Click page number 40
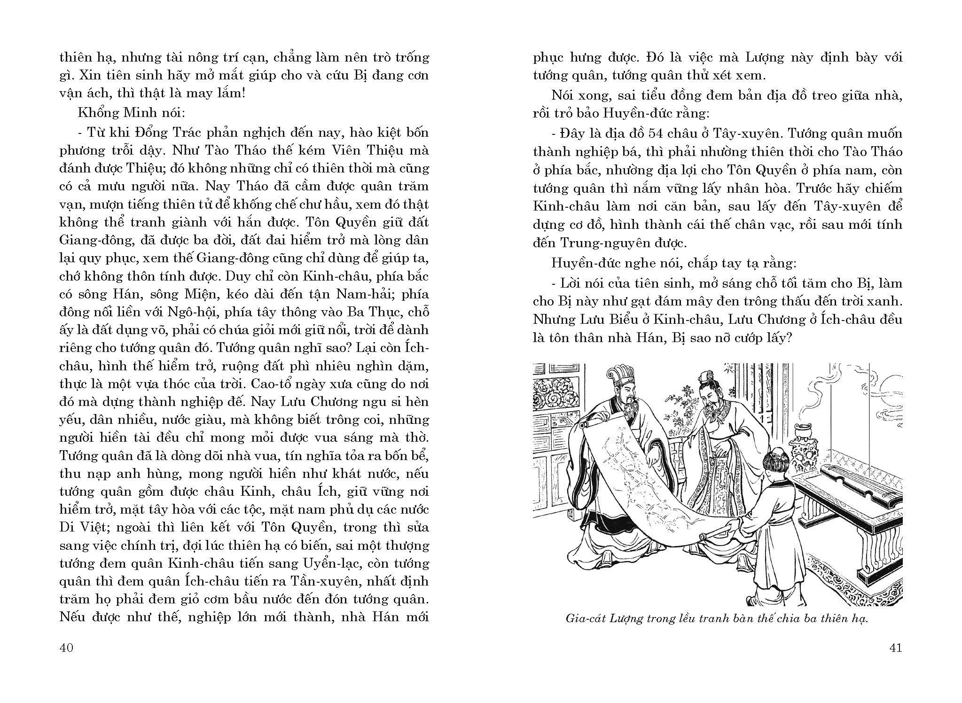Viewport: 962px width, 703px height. click(66, 648)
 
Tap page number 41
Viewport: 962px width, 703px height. click(895, 648)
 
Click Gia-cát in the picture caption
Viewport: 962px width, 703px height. click(583, 618)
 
